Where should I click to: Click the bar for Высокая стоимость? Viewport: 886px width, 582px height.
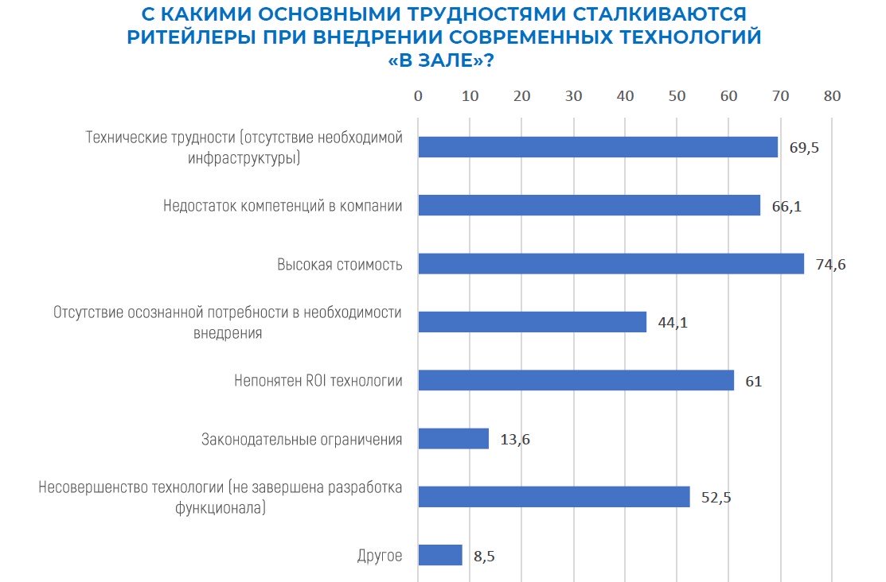(x=611, y=264)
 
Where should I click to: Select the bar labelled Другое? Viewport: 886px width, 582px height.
(x=439, y=555)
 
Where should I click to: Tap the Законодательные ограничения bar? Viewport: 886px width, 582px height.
(x=453, y=439)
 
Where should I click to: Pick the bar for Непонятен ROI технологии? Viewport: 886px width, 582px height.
(x=576, y=381)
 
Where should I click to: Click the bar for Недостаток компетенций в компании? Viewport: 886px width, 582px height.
(x=589, y=206)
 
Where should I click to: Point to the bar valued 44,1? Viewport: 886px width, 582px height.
(x=532, y=322)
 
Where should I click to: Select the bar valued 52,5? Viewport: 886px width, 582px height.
(x=553, y=497)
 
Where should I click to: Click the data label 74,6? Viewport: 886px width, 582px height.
(x=830, y=265)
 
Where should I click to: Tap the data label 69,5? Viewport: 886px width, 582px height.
(x=804, y=148)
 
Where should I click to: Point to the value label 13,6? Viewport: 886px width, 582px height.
(x=514, y=440)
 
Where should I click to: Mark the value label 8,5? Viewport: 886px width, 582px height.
(x=484, y=556)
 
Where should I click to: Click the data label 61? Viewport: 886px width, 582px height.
(x=753, y=382)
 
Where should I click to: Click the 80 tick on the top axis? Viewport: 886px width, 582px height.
(x=832, y=96)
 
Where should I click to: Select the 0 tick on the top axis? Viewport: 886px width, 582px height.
(x=418, y=96)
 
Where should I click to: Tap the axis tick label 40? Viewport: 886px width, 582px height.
(x=625, y=96)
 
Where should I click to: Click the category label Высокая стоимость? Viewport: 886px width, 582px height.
(x=339, y=265)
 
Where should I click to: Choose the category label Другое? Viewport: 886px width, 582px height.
(x=380, y=556)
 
